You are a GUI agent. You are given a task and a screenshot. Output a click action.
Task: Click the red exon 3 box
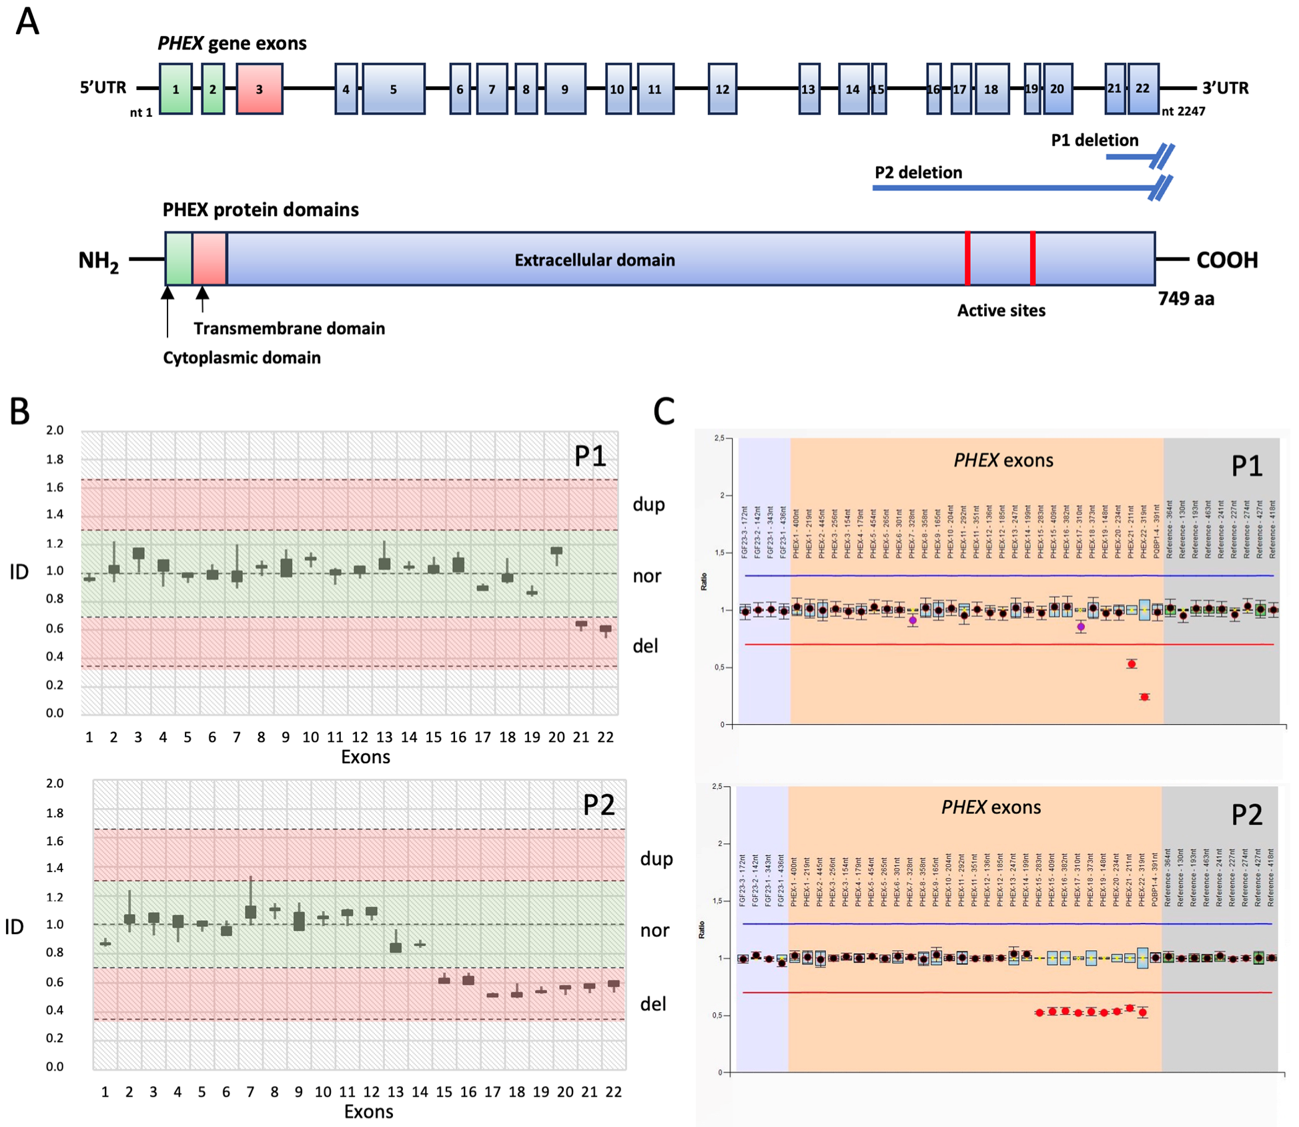259,89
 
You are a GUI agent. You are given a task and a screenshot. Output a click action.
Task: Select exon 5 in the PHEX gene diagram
393,89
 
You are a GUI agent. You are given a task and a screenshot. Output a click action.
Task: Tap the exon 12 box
722,89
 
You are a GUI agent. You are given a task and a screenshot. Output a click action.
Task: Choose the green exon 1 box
175,89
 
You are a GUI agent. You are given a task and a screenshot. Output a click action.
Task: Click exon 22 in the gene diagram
1142,88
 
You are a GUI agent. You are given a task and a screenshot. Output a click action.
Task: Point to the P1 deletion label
1094,140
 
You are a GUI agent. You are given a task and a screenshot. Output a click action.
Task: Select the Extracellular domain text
594,260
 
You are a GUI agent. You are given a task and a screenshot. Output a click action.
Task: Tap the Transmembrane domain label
289,328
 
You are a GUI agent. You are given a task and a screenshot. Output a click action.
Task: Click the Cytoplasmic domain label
242,358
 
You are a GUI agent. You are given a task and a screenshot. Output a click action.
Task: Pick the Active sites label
1001,310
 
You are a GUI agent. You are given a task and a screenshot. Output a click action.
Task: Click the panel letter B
19,411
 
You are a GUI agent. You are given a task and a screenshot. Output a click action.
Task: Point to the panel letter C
663,411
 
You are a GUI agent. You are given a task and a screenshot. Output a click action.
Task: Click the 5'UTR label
103,87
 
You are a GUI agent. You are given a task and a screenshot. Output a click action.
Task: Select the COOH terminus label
1226,260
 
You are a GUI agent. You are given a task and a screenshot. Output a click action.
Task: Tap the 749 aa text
1186,298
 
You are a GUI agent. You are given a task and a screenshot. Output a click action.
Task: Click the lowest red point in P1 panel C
1144,697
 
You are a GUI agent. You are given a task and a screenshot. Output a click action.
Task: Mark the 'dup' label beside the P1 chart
648,504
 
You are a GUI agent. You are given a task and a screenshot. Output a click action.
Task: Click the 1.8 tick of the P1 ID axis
55,459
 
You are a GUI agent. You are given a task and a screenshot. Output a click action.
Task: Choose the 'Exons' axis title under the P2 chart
368,1112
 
